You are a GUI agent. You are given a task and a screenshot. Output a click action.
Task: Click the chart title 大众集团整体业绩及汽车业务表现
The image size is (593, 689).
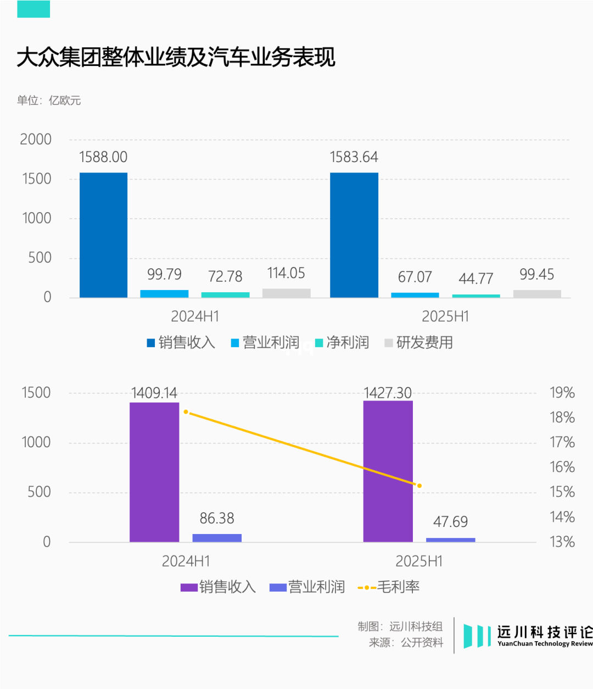(x=176, y=58)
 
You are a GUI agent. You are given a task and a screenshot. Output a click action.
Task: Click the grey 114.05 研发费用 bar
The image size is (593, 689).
(x=286, y=293)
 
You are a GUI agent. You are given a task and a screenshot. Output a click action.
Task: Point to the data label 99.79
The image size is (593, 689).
(x=164, y=274)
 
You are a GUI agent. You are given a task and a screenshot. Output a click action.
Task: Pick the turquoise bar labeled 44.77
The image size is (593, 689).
(x=476, y=296)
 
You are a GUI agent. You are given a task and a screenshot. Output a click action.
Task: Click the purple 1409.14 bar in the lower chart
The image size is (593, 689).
(x=154, y=472)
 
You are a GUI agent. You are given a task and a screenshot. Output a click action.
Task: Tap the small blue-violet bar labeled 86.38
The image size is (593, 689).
(x=217, y=538)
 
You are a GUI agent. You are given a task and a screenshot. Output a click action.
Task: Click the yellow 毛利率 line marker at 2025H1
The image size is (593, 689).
(x=419, y=486)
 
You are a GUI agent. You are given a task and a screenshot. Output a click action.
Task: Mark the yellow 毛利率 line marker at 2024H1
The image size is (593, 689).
(x=186, y=412)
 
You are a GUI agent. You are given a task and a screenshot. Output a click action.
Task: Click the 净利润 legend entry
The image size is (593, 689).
(x=343, y=343)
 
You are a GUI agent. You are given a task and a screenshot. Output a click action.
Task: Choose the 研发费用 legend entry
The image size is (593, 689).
(x=419, y=343)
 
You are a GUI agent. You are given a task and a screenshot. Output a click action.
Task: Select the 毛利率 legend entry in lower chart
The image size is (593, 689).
(x=389, y=587)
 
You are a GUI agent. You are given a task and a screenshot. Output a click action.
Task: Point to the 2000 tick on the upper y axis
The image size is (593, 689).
(x=36, y=140)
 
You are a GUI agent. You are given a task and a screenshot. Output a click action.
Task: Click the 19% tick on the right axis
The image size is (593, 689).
(x=562, y=393)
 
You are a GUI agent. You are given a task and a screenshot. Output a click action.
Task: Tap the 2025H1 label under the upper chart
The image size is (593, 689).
(x=445, y=316)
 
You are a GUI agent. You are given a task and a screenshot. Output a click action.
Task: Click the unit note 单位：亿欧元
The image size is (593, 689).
(x=49, y=101)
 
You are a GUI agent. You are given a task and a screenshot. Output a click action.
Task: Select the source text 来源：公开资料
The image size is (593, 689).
(x=406, y=642)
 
